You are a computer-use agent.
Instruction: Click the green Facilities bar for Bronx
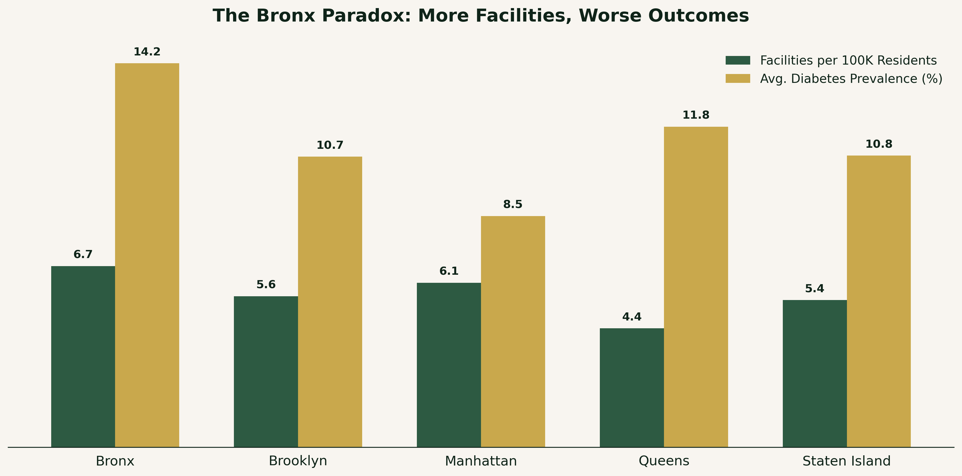[x=83, y=356]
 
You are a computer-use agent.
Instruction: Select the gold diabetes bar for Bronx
[x=147, y=255]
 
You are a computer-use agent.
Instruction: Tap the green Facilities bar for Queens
[x=632, y=387]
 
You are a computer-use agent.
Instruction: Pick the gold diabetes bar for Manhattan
[x=513, y=331]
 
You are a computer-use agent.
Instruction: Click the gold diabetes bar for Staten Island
[x=879, y=301]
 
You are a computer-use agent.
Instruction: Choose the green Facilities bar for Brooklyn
[x=266, y=372]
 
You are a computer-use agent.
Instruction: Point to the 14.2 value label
[x=147, y=52]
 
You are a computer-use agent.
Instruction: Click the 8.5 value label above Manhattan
[x=513, y=204]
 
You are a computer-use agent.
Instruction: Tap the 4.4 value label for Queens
[x=632, y=317]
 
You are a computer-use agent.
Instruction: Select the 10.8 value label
[x=879, y=144]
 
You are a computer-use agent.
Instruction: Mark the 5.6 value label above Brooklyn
[x=266, y=285]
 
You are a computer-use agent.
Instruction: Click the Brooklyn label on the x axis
[x=298, y=461]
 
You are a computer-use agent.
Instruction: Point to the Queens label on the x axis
[x=664, y=461]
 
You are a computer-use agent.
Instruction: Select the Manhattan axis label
[x=481, y=461]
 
